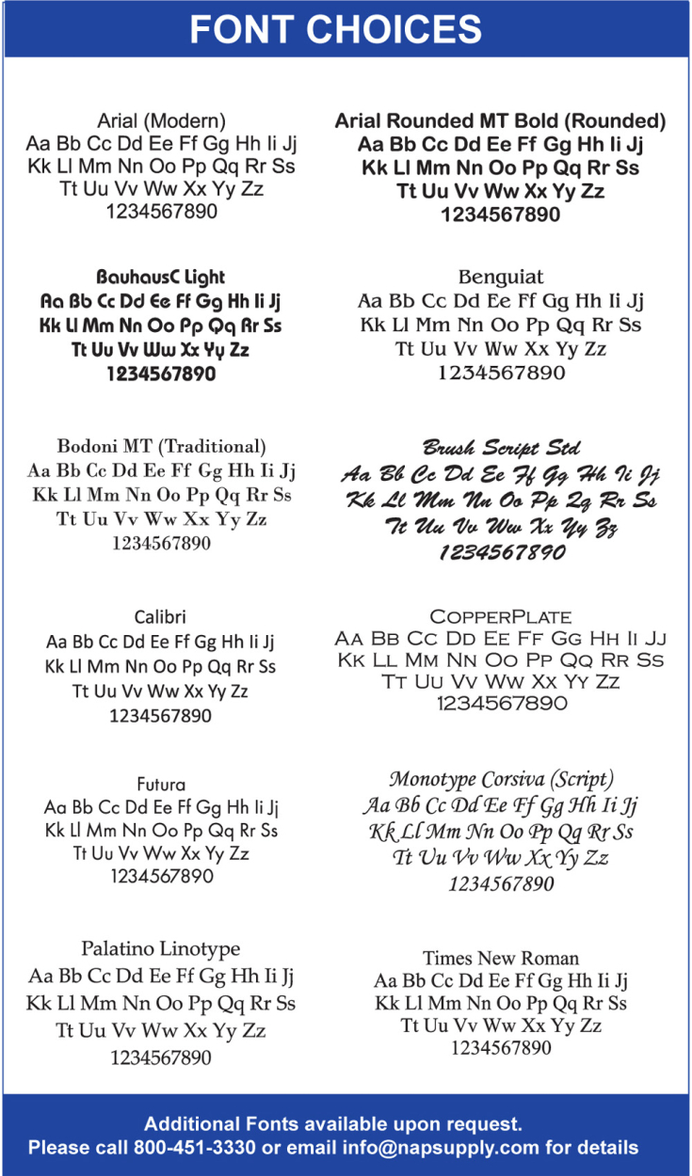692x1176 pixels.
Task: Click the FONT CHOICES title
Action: (x=335, y=30)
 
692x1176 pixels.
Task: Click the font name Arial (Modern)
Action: (x=161, y=120)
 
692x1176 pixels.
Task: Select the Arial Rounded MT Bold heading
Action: (x=500, y=121)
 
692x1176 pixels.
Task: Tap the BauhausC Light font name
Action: (x=161, y=278)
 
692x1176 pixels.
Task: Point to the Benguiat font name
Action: (x=500, y=278)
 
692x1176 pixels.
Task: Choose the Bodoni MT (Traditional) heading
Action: (x=161, y=446)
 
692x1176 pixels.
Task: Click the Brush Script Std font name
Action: (x=500, y=447)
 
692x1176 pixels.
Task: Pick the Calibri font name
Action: (x=160, y=617)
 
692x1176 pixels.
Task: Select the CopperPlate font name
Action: (x=500, y=617)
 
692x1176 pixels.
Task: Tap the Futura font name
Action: (x=161, y=784)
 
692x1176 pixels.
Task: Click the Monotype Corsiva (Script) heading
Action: (x=500, y=780)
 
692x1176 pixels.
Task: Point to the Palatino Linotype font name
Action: (x=161, y=948)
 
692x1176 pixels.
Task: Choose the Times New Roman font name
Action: (x=500, y=958)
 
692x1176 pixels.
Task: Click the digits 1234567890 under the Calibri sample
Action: (x=161, y=716)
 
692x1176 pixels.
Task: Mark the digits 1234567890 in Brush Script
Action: (x=500, y=553)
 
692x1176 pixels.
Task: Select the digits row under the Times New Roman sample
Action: (x=500, y=1048)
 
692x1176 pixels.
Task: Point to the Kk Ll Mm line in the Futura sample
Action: (x=161, y=831)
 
